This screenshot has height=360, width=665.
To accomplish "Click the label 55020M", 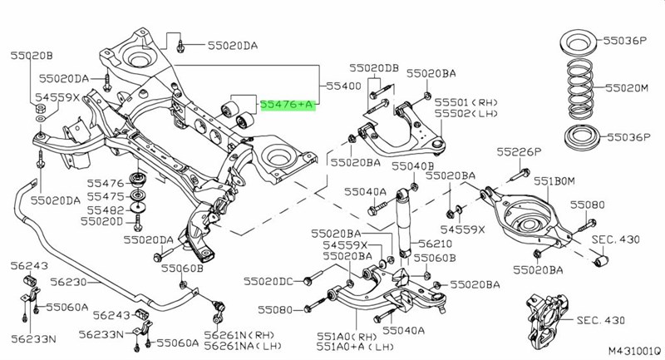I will click(629, 86).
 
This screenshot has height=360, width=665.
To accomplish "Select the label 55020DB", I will click(374, 67).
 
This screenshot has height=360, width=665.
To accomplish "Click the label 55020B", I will click(31, 56).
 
